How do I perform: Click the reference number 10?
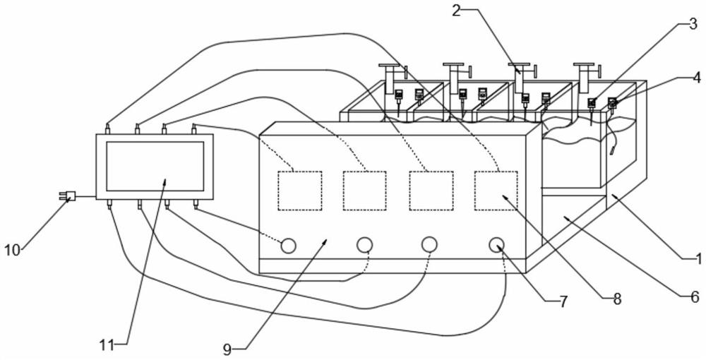(x=13, y=249)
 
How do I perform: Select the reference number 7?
(x=563, y=301)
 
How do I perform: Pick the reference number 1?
(x=698, y=258)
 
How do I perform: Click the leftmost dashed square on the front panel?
(x=299, y=191)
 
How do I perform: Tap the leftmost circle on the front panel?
(x=288, y=245)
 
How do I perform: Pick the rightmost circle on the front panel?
(x=497, y=244)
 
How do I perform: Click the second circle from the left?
(x=364, y=245)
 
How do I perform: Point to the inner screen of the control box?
(x=155, y=166)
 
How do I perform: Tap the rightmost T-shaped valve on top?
(x=586, y=73)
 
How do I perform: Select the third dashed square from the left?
(x=431, y=191)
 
